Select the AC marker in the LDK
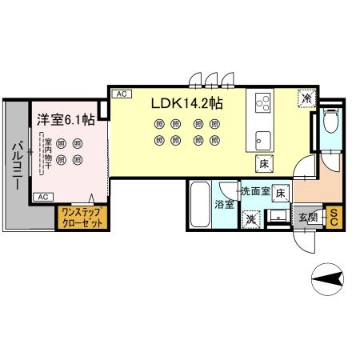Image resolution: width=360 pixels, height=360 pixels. point(121,94)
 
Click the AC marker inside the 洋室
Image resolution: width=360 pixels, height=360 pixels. point(43,196)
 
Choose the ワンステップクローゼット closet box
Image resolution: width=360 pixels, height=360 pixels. point(82,218)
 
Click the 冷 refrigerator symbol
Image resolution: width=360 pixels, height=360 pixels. point(306,98)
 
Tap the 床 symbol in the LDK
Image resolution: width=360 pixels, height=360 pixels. point(263,164)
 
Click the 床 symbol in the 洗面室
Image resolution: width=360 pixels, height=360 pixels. point(280,193)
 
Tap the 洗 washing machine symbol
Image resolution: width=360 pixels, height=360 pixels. point(251,218)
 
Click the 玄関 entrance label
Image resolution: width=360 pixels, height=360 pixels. point(308,216)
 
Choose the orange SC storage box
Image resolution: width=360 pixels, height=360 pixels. point(334,216)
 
